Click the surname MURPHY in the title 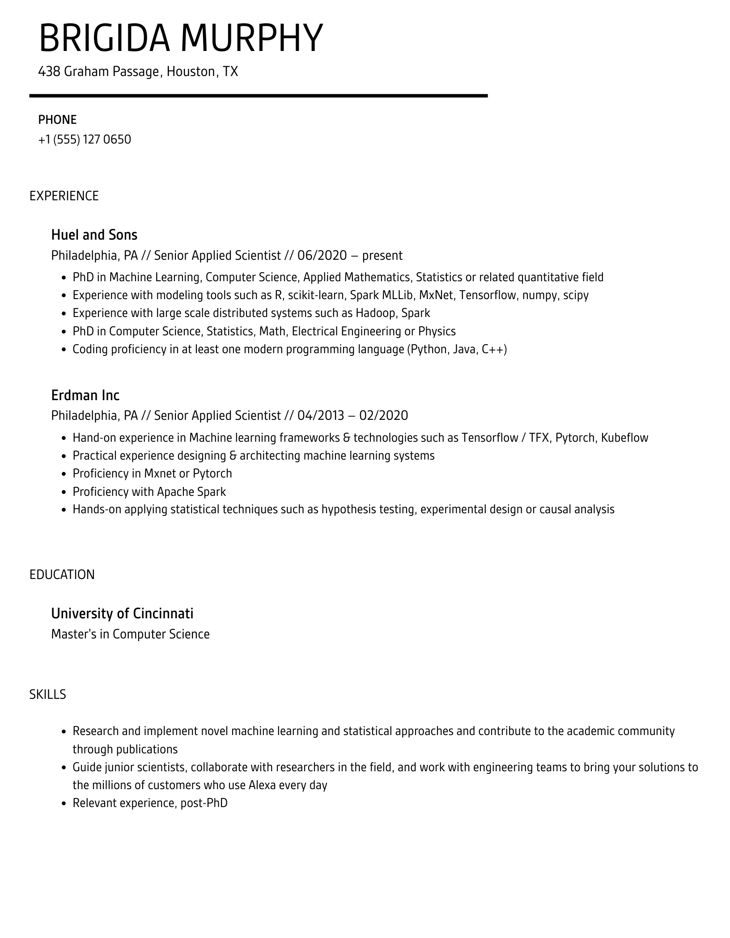[251, 38]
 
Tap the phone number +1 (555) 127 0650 [85, 139]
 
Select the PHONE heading [57, 120]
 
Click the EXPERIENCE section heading [64, 196]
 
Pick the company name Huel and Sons [94, 235]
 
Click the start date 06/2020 [322, 255]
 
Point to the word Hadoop [375, 313]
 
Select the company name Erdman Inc [85, 395]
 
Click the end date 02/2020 [383, 416]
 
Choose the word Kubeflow [624, 438]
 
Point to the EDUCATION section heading [62, 575]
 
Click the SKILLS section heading [48, 694]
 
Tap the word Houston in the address [191, 72]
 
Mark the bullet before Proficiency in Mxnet [64, 474]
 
